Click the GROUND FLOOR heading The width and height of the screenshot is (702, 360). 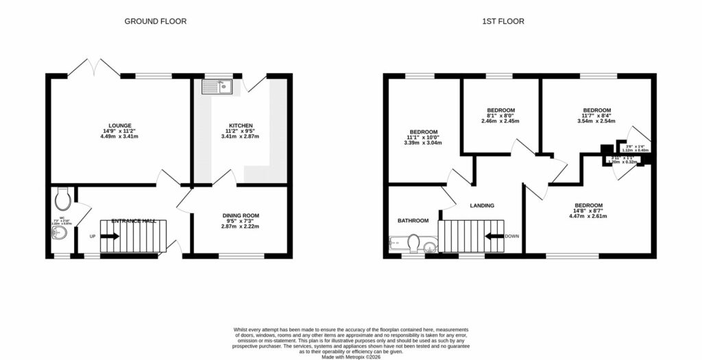pyautogui.click(x=155, y=21)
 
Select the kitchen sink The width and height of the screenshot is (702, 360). pyautogui.click(x=217, y=86)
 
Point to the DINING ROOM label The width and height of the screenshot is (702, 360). pyautogui.click(x=240, y=215)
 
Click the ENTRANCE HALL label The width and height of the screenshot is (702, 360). pyautogui.click(x=135, y=221)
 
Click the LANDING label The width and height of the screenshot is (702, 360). pyautogui.click(x=482, y=205)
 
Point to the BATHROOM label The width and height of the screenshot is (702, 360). pyautogui.click(x=413, y=221)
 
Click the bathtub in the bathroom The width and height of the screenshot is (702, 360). pyautogui.click(x=398, y=243)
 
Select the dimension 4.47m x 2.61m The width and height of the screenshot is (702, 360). pyautogui.click(x=588, y=216)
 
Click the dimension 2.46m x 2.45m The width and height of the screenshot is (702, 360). pyautogui.click(x=500, y=121)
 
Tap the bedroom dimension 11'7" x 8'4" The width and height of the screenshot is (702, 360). pyautogui.click(x=596, y=115)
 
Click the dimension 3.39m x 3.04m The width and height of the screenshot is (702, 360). pyautogui.click(x=423, y=143)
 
